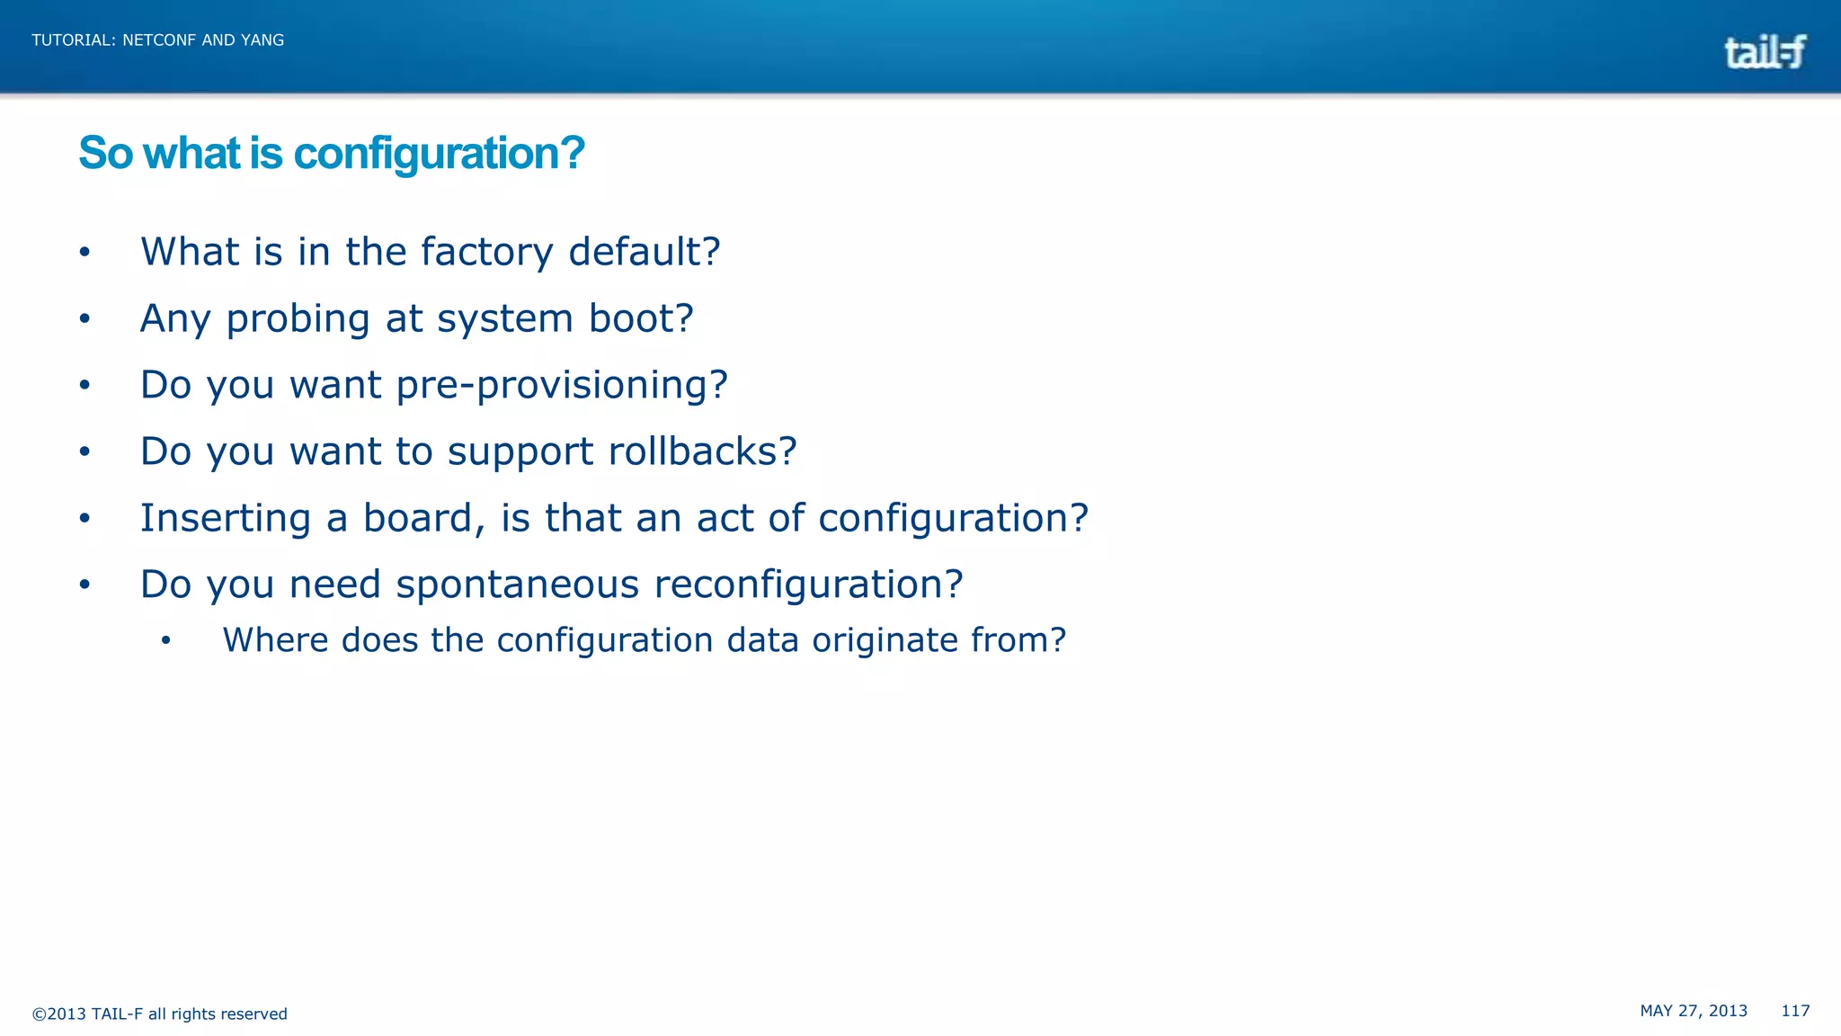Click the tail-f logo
point(1764,52)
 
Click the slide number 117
point(1795,1011)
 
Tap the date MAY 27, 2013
point(1694,1011)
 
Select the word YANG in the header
point(262,40)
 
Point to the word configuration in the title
point(439,154)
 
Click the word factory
point(486,252)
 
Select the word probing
point(298,319)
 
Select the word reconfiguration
point(808,585)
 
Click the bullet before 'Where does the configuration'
point(165,641)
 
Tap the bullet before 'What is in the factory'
point(84,253)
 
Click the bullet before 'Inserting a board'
point(84,519)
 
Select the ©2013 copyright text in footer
point(159,1014)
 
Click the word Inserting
point(226,518)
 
